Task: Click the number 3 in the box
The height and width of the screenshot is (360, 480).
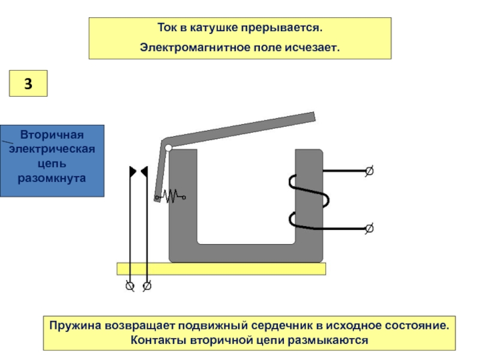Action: [x=28, y=84]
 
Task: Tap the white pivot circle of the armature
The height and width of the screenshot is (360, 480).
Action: [x=169, y=148]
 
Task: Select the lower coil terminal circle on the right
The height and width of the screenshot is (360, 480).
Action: [x=369, y=228]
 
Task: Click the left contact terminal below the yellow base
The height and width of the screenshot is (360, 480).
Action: [x=129, y=286]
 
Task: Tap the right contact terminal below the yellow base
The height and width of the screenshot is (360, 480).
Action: [x=147, y=286]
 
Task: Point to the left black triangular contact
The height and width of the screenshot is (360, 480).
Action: [x=133, y=172]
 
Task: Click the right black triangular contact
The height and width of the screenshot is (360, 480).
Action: [x=144, y=172]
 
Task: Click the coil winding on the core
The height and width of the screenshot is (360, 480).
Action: [x=309, y=201]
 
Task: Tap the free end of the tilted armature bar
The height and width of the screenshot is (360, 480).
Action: [x=309, y=118]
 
